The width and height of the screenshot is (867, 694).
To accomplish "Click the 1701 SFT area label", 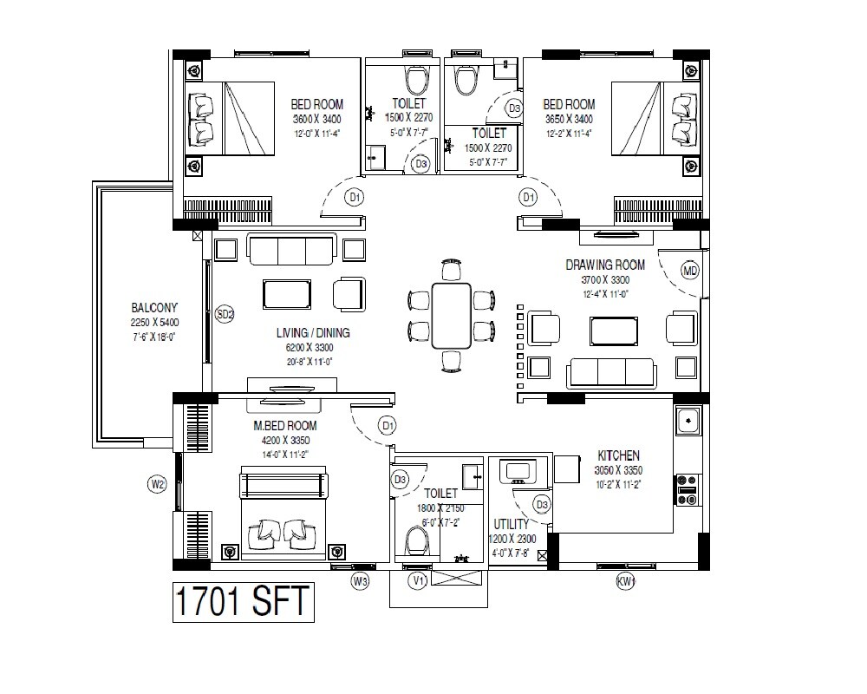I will coord(242,601).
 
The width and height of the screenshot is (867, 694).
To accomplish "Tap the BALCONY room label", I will coord(154,308).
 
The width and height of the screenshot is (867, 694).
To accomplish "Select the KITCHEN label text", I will coord(619,455).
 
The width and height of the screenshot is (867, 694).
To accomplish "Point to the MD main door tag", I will coord(690,272).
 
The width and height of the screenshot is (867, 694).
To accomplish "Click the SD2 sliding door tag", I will coord(225,315).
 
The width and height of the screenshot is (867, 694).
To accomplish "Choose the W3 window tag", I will coord(361,580).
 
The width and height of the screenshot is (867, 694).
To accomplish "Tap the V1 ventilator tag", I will coord(419,580).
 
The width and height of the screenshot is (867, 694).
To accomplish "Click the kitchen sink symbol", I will coord(688,422).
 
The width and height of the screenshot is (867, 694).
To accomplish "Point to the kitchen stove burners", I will coord(688,488).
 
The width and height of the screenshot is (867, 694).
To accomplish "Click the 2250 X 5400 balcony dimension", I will coord(154,323).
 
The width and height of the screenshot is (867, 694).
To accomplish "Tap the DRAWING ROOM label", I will coord(605,265).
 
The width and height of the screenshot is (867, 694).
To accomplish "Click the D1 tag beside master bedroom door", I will coord(388,426).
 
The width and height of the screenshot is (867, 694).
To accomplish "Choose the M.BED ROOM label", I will coord(285,426).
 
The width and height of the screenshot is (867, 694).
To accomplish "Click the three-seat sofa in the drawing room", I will coord(611,373).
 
